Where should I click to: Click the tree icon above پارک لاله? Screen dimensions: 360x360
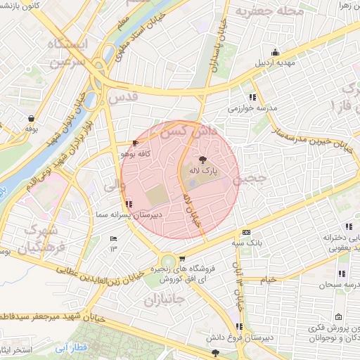(x=202, y=160)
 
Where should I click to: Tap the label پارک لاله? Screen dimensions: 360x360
(x=202, y=171)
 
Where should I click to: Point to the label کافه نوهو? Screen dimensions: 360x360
(x=133, y=153)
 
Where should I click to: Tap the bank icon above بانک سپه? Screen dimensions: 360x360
(x=246, y=233)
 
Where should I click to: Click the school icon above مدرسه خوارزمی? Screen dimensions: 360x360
(x=252, y=98)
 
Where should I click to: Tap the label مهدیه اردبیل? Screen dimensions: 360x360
(x=275, y=62)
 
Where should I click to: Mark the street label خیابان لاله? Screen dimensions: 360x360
(x=191, y=207)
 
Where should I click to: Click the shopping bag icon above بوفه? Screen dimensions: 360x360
(x=30, y=118)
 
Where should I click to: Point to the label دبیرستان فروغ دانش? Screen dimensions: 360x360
(x=240, y=337)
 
